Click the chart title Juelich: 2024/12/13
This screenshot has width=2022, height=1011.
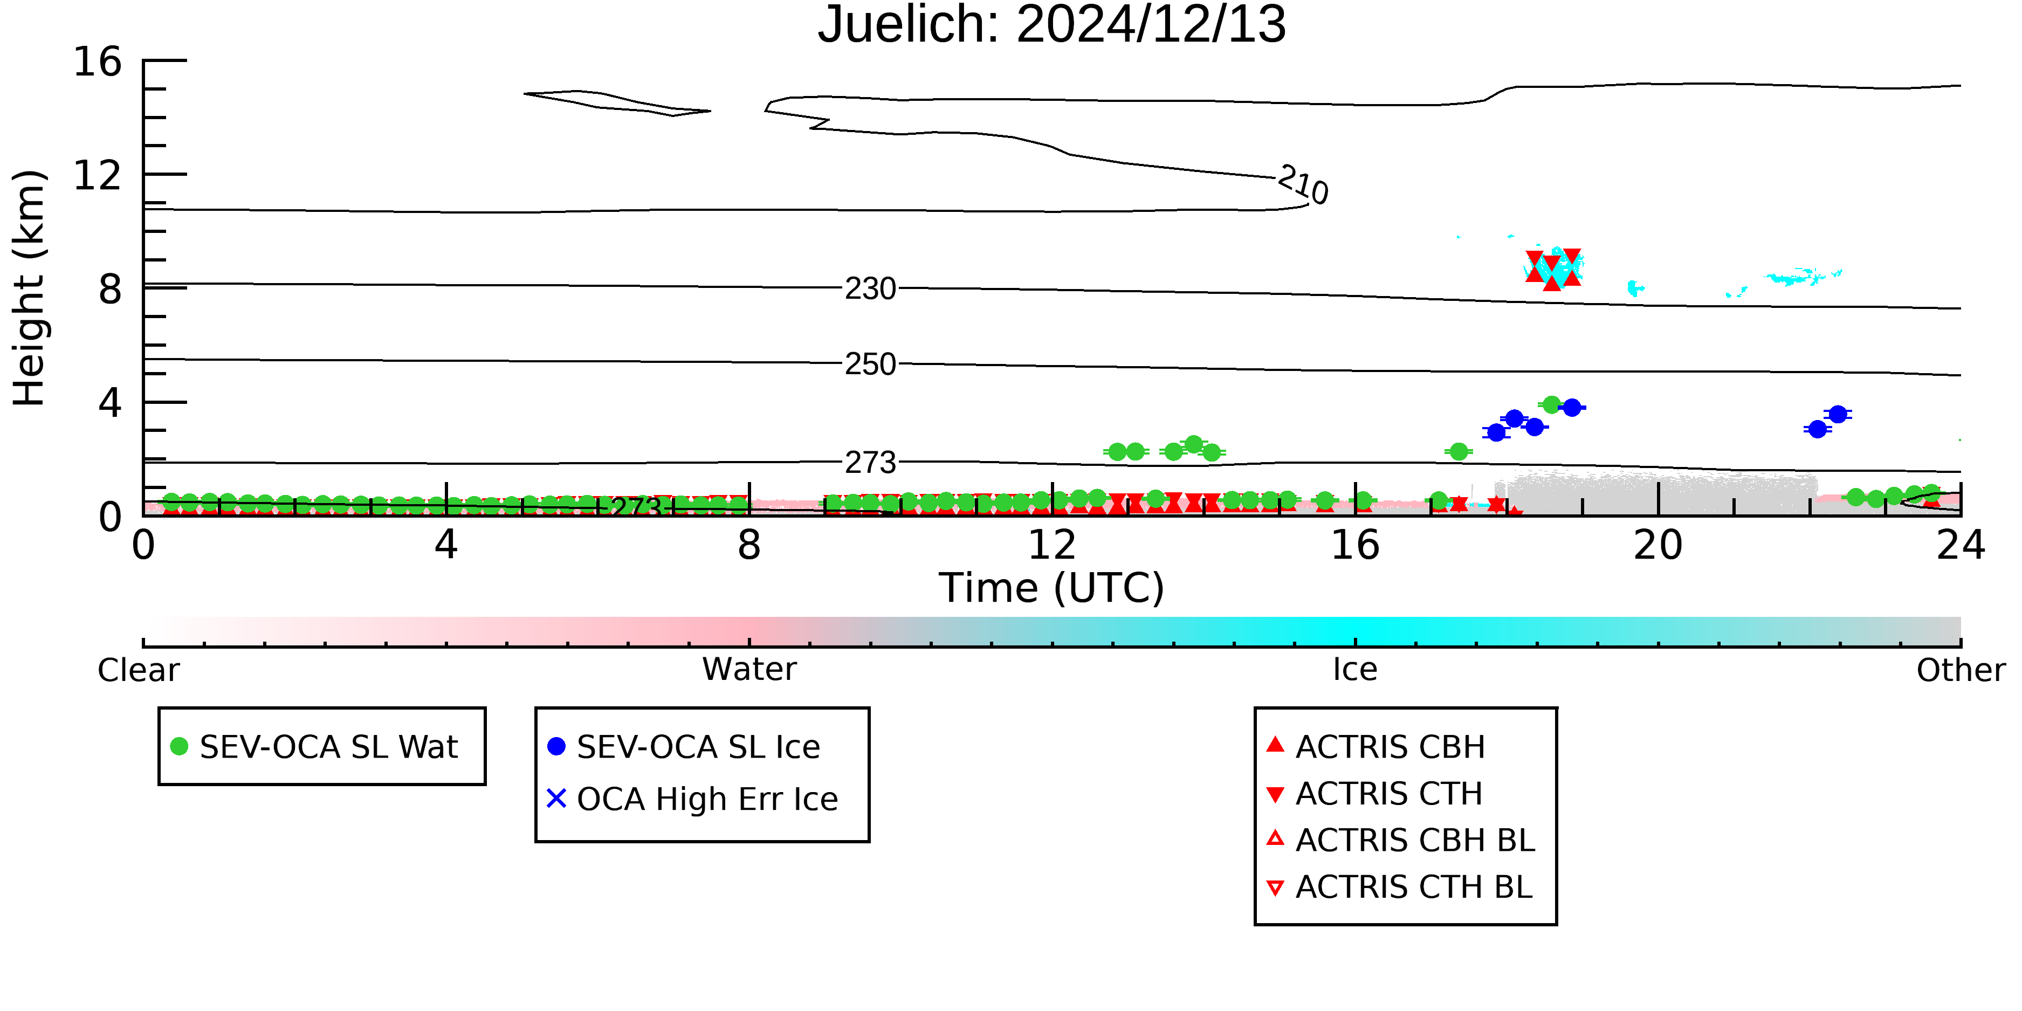pos(1052,25)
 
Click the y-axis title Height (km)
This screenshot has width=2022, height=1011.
pos(30,288)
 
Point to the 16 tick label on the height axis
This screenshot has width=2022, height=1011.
pos(98,61)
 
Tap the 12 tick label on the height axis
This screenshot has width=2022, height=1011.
pos(98,175)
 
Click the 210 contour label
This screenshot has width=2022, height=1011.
pos(1303,184)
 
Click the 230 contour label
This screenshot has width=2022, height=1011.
pos(870,289)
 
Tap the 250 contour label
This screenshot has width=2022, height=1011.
pos(870,364)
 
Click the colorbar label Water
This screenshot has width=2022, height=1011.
pos(749,670)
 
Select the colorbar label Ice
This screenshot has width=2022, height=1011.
pos(1355,670)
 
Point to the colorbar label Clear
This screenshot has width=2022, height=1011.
pos(138,670)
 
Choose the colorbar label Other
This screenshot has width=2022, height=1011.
pos(1961,670)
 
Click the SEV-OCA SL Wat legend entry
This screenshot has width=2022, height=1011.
pos(314,746)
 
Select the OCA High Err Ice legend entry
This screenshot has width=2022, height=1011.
pos(692,799)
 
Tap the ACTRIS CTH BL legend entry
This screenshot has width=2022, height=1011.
pos(1400,887)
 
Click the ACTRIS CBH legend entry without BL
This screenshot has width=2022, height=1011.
pos(1375,746)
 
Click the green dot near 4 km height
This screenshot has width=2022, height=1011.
pos(1551,405)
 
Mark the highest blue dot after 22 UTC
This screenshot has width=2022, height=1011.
pos(1838,414)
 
